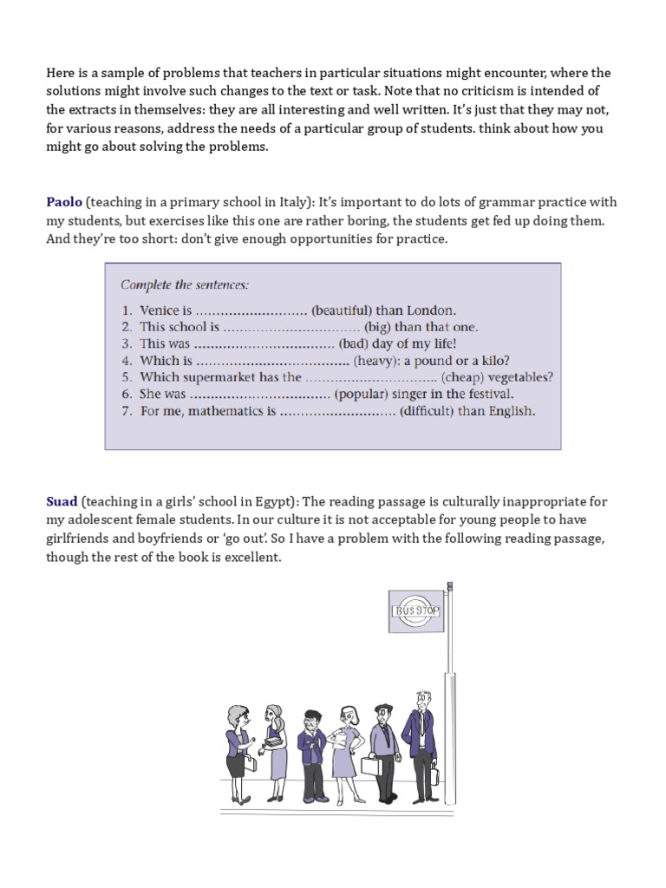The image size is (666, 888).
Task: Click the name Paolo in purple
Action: pos(64,202)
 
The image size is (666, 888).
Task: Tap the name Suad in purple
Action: pos(62,501)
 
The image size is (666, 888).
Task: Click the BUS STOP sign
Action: pos(417,611)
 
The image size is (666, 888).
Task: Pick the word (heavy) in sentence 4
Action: pos(377,361)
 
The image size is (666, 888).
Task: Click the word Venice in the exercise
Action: pos(160,310)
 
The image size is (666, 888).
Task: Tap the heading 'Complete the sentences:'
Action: pos(184,284)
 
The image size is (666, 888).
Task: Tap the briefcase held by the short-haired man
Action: pos(371,766)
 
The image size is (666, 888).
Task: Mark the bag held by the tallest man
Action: pos(433,774)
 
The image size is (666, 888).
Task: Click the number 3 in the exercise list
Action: pos(126,344)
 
